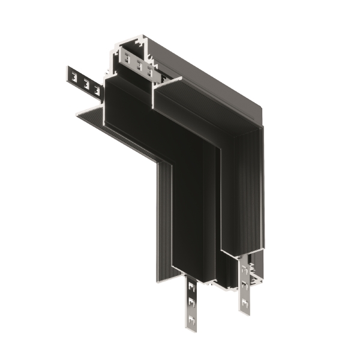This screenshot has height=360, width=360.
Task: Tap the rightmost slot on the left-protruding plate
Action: [x=94, y=88]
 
